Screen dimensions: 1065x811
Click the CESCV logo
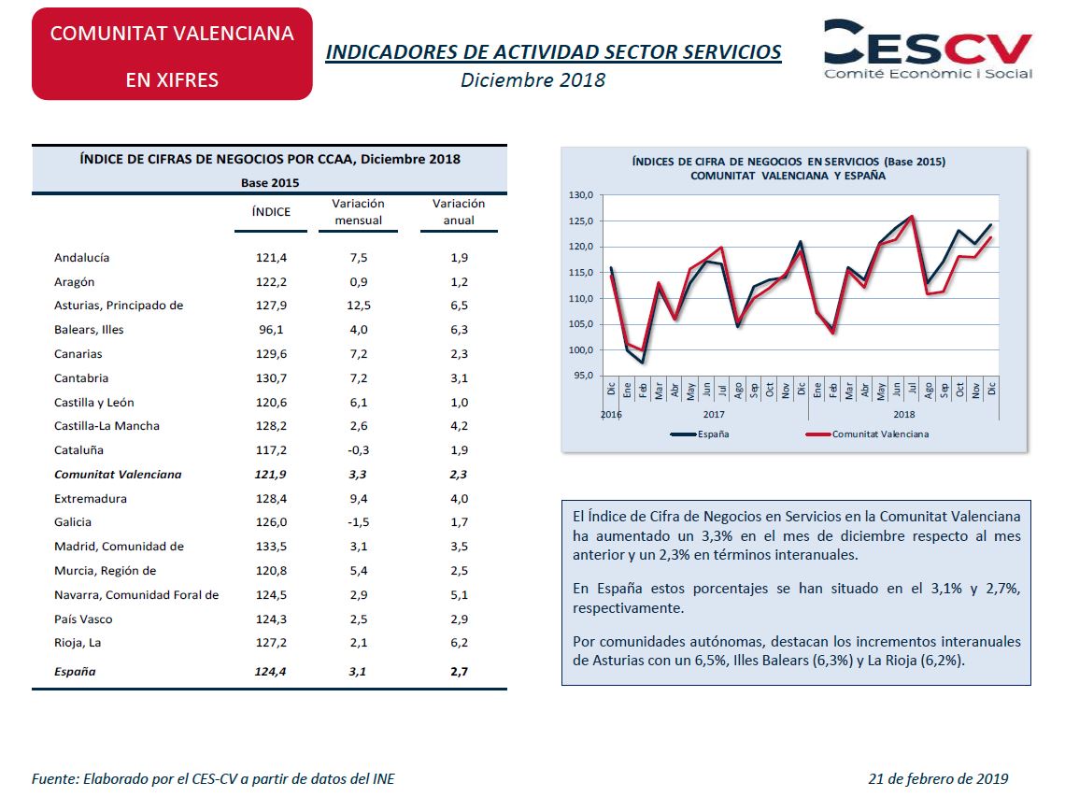click(928, 49)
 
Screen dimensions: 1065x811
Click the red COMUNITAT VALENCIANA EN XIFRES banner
click(172, 53)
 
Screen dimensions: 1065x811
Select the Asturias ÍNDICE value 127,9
click(271, 306)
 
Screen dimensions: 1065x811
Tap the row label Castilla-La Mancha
click(106, 426)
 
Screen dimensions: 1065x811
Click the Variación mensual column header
click(358, 212)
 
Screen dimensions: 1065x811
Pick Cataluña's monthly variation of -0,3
click(358, 450)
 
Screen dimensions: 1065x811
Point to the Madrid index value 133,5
click(271, 547)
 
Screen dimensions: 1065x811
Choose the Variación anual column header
click(459, 212)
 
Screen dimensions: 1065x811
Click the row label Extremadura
click(91, 499)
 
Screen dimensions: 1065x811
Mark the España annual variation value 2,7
click(459, 672)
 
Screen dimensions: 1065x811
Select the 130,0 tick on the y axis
click(581, 195)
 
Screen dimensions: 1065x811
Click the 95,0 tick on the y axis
click(583, 376)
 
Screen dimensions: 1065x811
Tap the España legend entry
click(700, 434)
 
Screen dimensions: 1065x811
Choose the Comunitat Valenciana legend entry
click(867, 434)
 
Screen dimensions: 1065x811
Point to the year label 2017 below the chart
click(713, 414)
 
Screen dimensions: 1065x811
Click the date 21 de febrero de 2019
click(938, 779)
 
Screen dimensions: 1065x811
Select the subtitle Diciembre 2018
click(532, 80)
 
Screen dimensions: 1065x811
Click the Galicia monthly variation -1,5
click(358, 522)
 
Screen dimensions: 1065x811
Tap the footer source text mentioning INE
click(213, 779)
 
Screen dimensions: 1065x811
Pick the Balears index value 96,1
click(271, 330)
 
